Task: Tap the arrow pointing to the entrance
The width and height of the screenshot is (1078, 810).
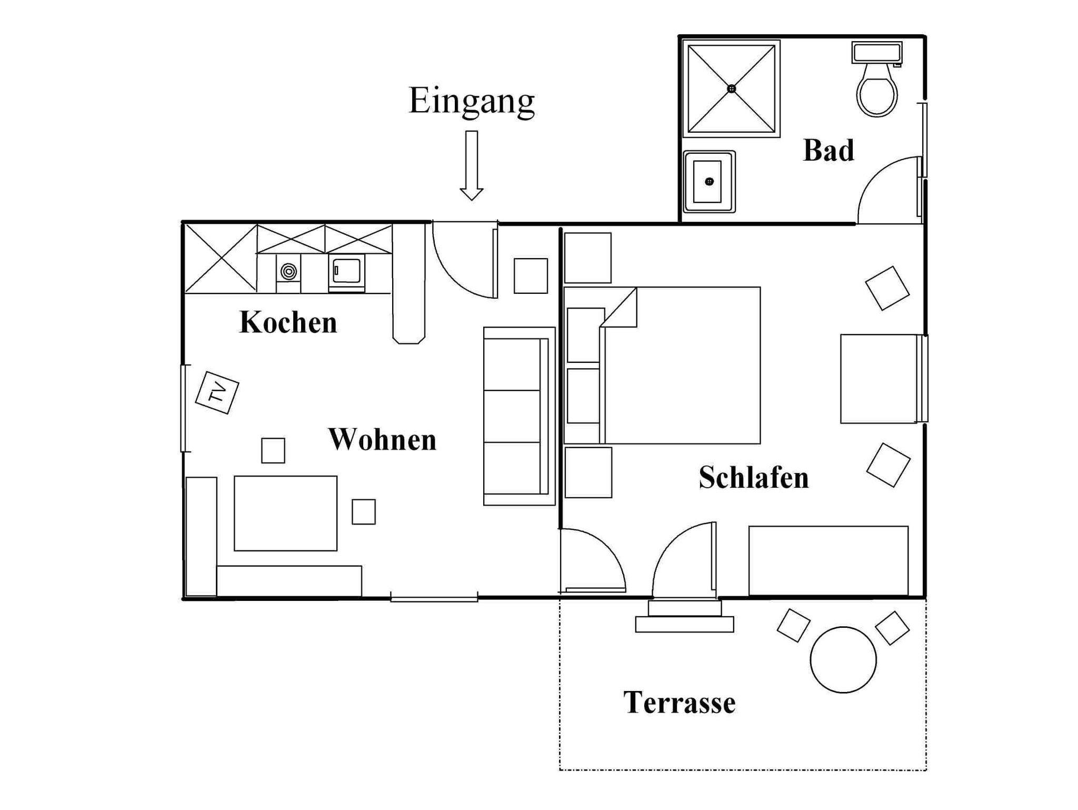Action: [472, 165]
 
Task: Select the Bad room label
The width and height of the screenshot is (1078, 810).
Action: [829, 151]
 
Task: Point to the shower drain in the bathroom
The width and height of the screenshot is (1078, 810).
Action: [732, 88]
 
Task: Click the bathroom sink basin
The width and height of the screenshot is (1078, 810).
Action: [709, 182]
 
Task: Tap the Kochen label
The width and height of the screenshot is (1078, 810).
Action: [288, 322]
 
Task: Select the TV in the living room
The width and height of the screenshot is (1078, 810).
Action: [217, 392]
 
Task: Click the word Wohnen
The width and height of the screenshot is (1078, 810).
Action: [383, 439]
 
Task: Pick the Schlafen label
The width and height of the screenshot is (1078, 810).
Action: [754, 478]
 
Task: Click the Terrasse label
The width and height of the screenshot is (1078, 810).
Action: [680, 703]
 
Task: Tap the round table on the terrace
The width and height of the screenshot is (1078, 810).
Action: [843, 659]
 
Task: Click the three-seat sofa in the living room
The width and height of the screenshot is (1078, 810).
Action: [520, 416]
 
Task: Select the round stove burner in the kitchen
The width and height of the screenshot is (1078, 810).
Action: [288, 272]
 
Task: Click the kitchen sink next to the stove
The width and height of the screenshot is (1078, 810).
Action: [346, 272]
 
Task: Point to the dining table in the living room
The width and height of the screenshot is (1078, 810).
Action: [285, 513]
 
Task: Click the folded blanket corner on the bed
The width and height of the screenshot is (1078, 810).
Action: [619, 307]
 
